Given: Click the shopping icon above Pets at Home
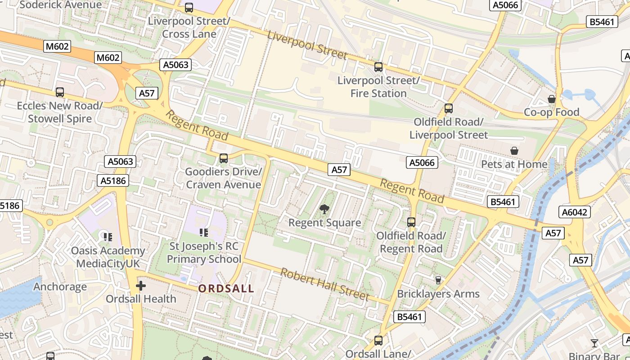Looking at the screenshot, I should click(x=514, y=151).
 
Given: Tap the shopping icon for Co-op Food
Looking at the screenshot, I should click(x=551, y=99).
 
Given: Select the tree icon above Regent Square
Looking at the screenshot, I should click(x=324, y=209).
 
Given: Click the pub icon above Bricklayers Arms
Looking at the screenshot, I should click(x=438, y=280).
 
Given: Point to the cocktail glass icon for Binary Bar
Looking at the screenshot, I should click(x=594, y=343).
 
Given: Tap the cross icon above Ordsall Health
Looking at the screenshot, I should click(x=141, y=285).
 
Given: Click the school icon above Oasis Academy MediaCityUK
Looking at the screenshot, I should click(x=108, y=237).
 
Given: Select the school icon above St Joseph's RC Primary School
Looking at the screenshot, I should click(x=204, y=232).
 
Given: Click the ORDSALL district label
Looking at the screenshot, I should click(x=226, y=288).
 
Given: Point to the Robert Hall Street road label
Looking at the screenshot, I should click(x=324, y=284).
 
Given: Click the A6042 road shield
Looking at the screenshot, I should click(x=575, y=212).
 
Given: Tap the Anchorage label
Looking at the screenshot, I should click(x=60, y=287).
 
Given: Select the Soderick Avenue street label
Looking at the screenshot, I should click(x=60, y=5).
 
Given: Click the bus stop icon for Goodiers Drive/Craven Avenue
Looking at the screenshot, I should click(x=223, y=158).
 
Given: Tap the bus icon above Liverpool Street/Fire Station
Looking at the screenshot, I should click(x=378, y=67).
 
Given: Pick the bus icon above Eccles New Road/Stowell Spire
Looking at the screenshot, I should click(x=60, y=92).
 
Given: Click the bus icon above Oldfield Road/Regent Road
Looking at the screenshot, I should click(x=411, y=222).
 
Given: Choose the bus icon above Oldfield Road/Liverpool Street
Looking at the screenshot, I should click(x=448, y=108).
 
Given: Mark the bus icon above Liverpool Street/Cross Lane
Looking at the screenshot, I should click(x=189, y=8).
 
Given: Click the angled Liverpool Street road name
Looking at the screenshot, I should click(x=307, y=45).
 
